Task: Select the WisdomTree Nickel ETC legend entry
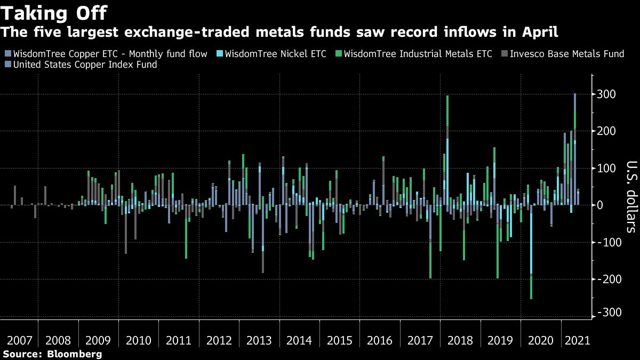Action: coord(275,54)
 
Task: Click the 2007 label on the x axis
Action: coord(19,340)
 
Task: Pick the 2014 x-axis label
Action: coord(300,340)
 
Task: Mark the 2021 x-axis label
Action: coord(577,340)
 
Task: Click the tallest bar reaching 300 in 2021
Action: coord(574,149)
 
